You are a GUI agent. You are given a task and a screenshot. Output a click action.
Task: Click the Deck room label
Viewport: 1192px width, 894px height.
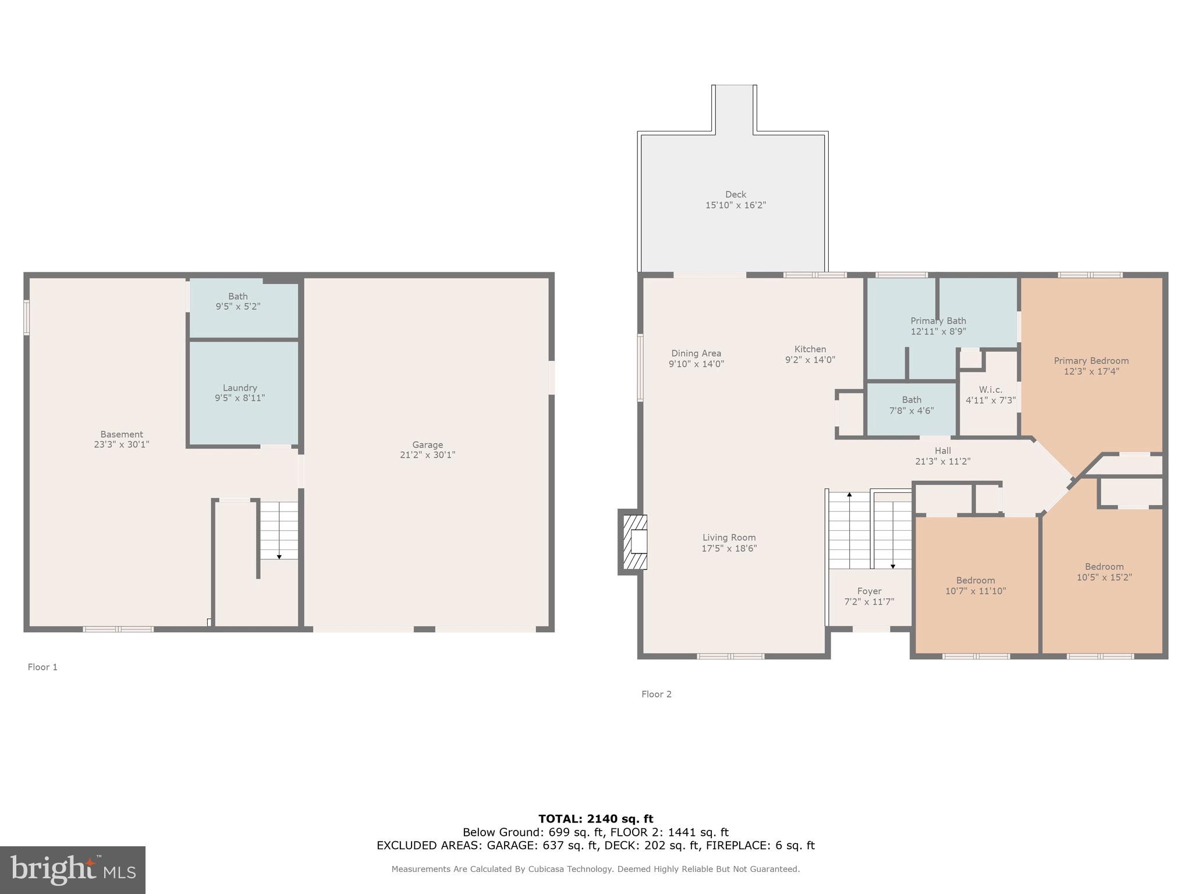[x=735, y=194]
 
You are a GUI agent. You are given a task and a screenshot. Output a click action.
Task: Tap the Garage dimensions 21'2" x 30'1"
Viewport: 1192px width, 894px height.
[x=427, y=455]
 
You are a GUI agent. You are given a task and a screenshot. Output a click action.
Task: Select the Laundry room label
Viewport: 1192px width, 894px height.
[x=240, y=388]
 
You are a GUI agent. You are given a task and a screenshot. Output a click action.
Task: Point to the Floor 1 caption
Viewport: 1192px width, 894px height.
[x=42, y=667]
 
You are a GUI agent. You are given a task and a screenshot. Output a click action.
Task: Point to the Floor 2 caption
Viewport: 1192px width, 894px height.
[x=656, y=694]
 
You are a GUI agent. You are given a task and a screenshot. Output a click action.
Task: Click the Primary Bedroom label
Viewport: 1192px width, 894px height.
[x=1091, y=361]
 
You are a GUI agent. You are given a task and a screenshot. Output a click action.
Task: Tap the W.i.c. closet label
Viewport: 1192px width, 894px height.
[x=990, y=389]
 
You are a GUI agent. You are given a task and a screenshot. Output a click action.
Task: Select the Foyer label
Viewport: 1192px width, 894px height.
[x=869, y=591]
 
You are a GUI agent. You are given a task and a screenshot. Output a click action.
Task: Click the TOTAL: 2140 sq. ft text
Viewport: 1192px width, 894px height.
[x=595, y=819]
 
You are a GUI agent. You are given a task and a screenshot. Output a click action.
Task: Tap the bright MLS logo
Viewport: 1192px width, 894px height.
[x=73, y=870]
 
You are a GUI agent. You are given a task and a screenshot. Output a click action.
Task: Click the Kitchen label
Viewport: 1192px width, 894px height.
[x=810, y=349]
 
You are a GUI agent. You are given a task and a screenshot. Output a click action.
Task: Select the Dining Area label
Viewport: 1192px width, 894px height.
[x=696, y=353]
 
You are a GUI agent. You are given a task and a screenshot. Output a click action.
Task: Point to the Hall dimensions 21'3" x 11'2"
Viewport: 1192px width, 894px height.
[x=942, y=462]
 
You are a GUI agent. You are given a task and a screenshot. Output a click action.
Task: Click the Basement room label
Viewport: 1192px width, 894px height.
[x=121, y=434]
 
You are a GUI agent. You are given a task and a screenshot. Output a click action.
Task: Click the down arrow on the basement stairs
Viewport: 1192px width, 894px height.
[x=279, y=556]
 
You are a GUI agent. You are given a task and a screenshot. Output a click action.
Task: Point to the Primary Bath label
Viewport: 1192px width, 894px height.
[x=938, y=321]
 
